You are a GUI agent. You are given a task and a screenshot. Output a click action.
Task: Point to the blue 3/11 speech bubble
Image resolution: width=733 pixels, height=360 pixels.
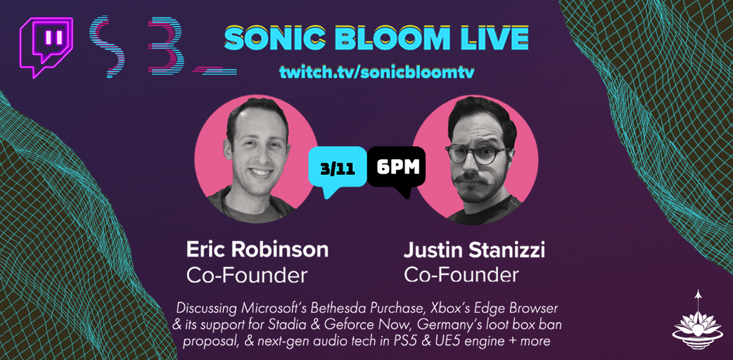click(x=337, y=167)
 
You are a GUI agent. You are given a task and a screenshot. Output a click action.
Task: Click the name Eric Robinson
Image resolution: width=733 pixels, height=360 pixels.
click(x=257, y=250)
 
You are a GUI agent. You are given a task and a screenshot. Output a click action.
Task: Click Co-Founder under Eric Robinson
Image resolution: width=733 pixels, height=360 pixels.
click(x=247, y=275)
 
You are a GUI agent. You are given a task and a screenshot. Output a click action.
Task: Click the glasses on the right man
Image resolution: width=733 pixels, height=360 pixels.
click(x=475, y=154)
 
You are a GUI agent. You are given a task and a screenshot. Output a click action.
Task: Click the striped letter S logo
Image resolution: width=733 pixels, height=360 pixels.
click(x=111, y=46)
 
